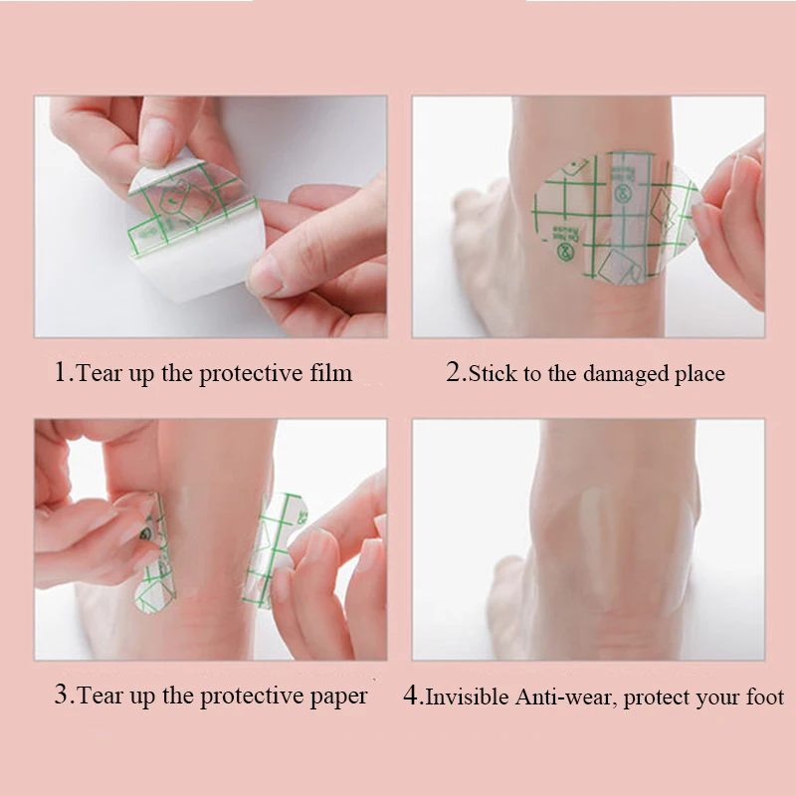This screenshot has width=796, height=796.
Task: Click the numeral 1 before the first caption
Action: (x=60, y=372)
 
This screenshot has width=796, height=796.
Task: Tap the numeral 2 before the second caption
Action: (x=453, y=371)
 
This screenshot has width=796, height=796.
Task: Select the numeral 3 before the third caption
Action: (x=61, y=694)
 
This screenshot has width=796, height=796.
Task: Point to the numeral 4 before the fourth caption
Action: (x=410, y=695)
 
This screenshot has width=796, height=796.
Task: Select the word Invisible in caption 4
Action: (x=467, y=696)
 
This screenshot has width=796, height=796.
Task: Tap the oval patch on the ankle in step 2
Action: (x=615, y=217)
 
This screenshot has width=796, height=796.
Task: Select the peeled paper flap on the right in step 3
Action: (x=274, y=548)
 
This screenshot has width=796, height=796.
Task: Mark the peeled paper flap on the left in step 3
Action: (x=152, y=553)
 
